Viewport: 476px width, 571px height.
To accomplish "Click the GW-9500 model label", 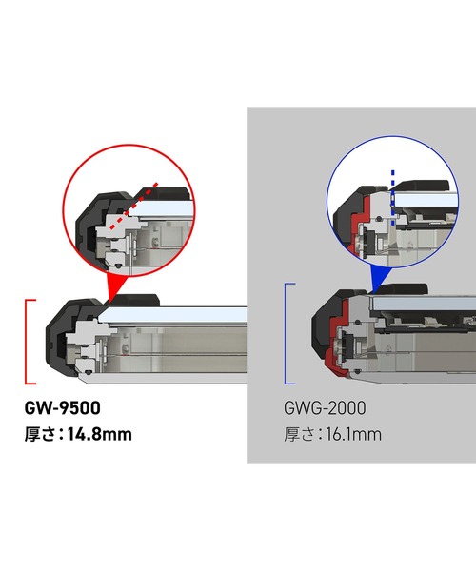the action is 62,408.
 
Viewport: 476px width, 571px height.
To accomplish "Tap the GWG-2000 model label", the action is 325,408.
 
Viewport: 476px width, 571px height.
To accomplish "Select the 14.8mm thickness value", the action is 100,435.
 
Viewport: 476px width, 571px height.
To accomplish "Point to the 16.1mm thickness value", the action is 353,435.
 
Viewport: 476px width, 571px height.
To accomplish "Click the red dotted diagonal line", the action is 134,207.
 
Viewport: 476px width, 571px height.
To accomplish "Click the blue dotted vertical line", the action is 392,197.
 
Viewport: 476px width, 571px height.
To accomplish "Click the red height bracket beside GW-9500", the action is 27,342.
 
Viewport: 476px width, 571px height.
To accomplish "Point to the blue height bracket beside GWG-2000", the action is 286,333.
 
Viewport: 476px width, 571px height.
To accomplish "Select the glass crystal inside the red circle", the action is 160,209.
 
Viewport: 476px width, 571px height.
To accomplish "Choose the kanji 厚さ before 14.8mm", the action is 40,435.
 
